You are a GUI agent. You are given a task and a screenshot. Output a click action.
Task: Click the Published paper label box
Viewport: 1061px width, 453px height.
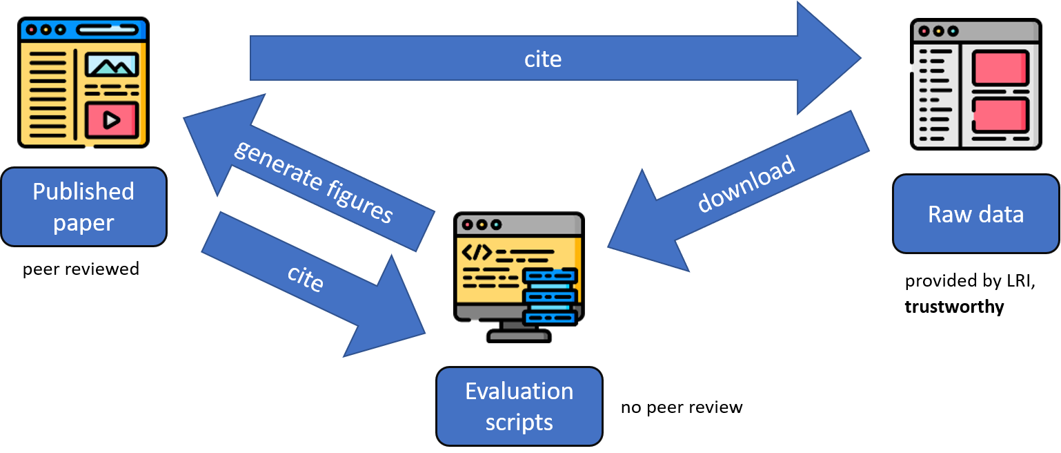(83, 207)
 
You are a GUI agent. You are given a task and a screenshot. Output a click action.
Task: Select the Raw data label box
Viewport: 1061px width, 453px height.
(975, 214)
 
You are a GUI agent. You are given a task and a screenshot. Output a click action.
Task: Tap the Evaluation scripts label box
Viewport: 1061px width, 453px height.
(519, 406)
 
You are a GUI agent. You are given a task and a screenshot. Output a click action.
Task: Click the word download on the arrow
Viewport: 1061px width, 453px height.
(746, 184)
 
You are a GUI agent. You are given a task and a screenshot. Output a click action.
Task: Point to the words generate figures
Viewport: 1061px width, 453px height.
(314, 182)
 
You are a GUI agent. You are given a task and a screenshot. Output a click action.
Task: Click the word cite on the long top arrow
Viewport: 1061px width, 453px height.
(543, 59)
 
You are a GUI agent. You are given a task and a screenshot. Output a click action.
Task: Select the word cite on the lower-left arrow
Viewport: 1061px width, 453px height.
(306, 278)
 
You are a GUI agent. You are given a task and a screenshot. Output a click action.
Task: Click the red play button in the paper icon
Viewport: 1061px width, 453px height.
(110, 120)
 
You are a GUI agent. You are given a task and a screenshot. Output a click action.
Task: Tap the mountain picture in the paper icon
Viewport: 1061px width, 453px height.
(111, 66)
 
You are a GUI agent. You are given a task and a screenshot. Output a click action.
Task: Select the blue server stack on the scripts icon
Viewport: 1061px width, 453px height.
(550, 296)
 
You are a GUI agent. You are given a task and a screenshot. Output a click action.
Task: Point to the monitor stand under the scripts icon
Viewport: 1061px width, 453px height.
(519, 330)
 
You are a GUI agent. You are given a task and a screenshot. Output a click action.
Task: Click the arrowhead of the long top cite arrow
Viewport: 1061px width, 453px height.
(828, 59)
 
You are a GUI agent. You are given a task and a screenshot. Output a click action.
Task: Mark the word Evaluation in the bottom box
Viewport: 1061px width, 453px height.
(519, 392)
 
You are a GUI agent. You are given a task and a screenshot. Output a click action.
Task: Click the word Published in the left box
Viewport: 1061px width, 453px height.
(83, 191)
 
